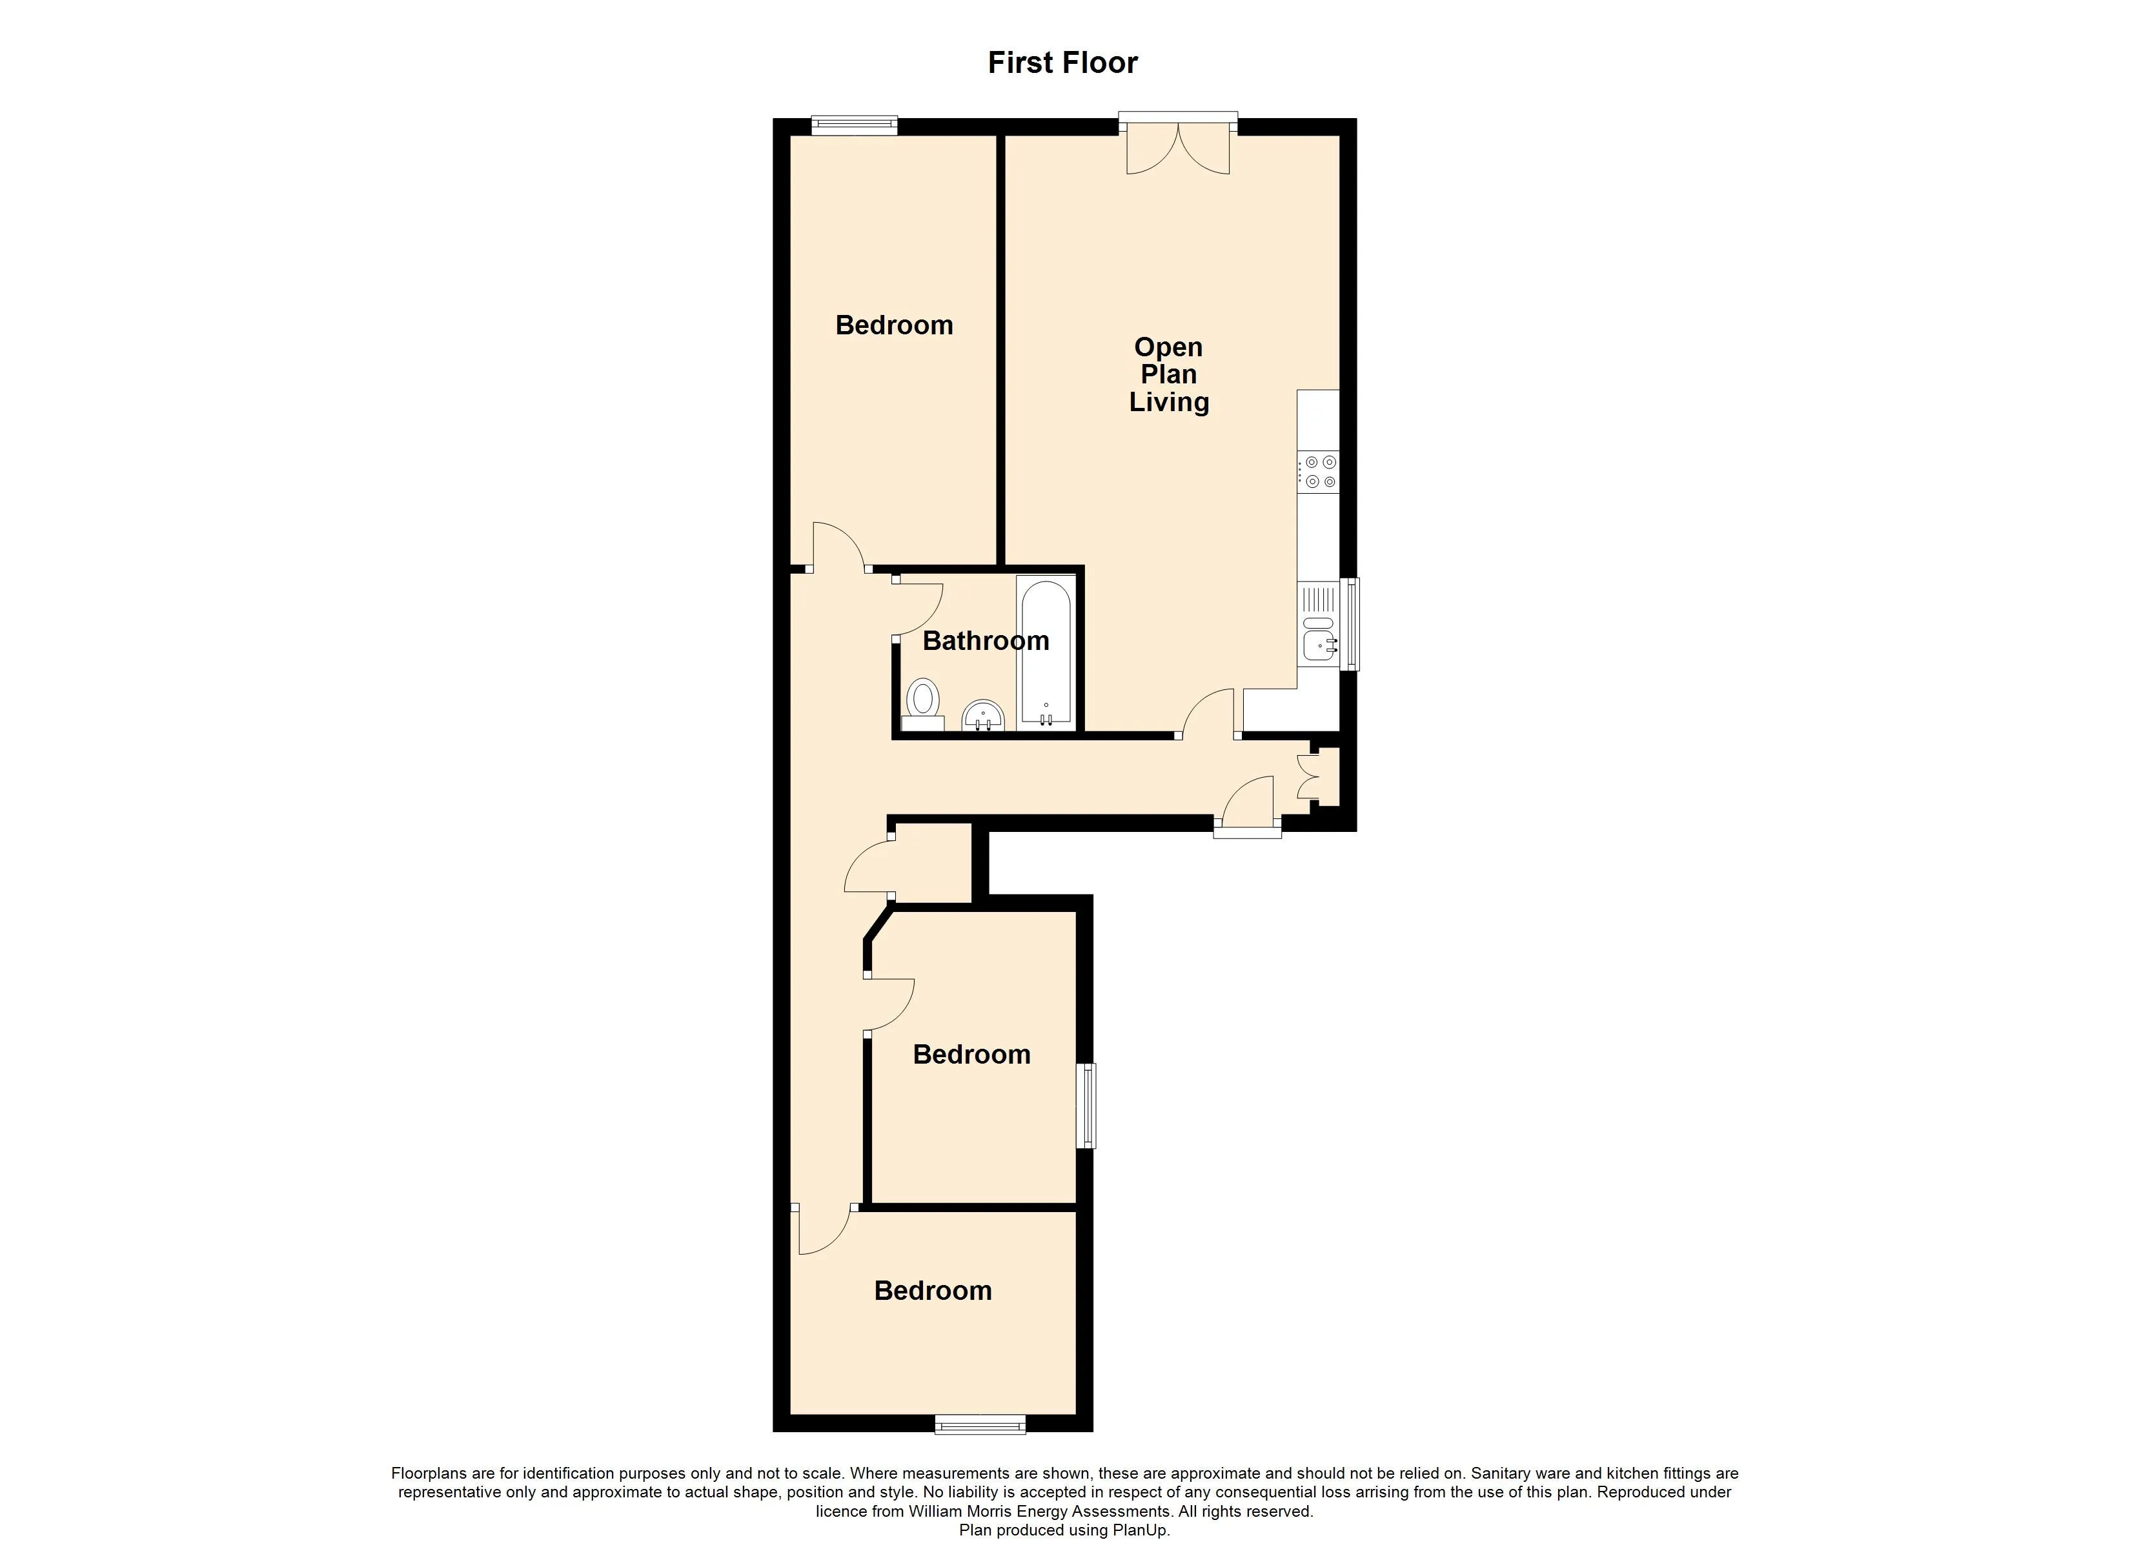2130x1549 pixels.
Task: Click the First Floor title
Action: (x=1062, y=63)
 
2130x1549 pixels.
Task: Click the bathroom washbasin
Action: (x=983, y=716)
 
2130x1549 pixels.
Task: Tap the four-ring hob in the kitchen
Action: (x=1319, y=472)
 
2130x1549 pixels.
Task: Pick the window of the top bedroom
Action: (x=855, y=125)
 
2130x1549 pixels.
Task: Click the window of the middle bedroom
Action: (x=1086, y=1106)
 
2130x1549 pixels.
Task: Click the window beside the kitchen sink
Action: (x=1350, y=623)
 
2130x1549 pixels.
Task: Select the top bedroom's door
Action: (x=838, y=547)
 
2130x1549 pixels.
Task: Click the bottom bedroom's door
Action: (x=825, y=1231)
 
